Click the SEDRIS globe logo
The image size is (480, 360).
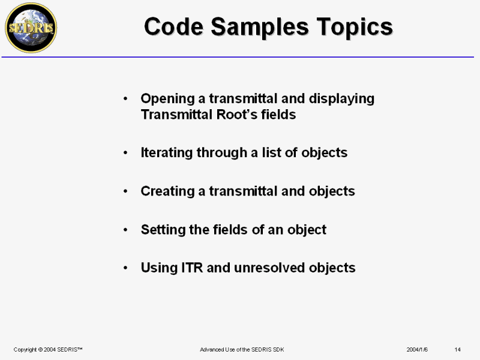pos(31,28)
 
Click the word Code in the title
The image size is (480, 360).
pos(173,26)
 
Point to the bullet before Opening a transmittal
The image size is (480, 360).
pos(125,98)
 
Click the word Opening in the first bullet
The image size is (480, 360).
pos(168,99)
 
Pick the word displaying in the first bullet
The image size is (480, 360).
pos(341,99)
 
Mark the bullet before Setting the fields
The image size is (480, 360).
pos(125,230)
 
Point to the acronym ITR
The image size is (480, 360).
pos(192,268)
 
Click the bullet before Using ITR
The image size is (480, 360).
pos(125,268)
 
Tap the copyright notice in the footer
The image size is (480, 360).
pos(48,350)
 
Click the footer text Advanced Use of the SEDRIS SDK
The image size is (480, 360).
pos(242,350)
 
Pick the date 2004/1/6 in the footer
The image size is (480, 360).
pos(417,350)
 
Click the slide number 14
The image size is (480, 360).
pos(458,350)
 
